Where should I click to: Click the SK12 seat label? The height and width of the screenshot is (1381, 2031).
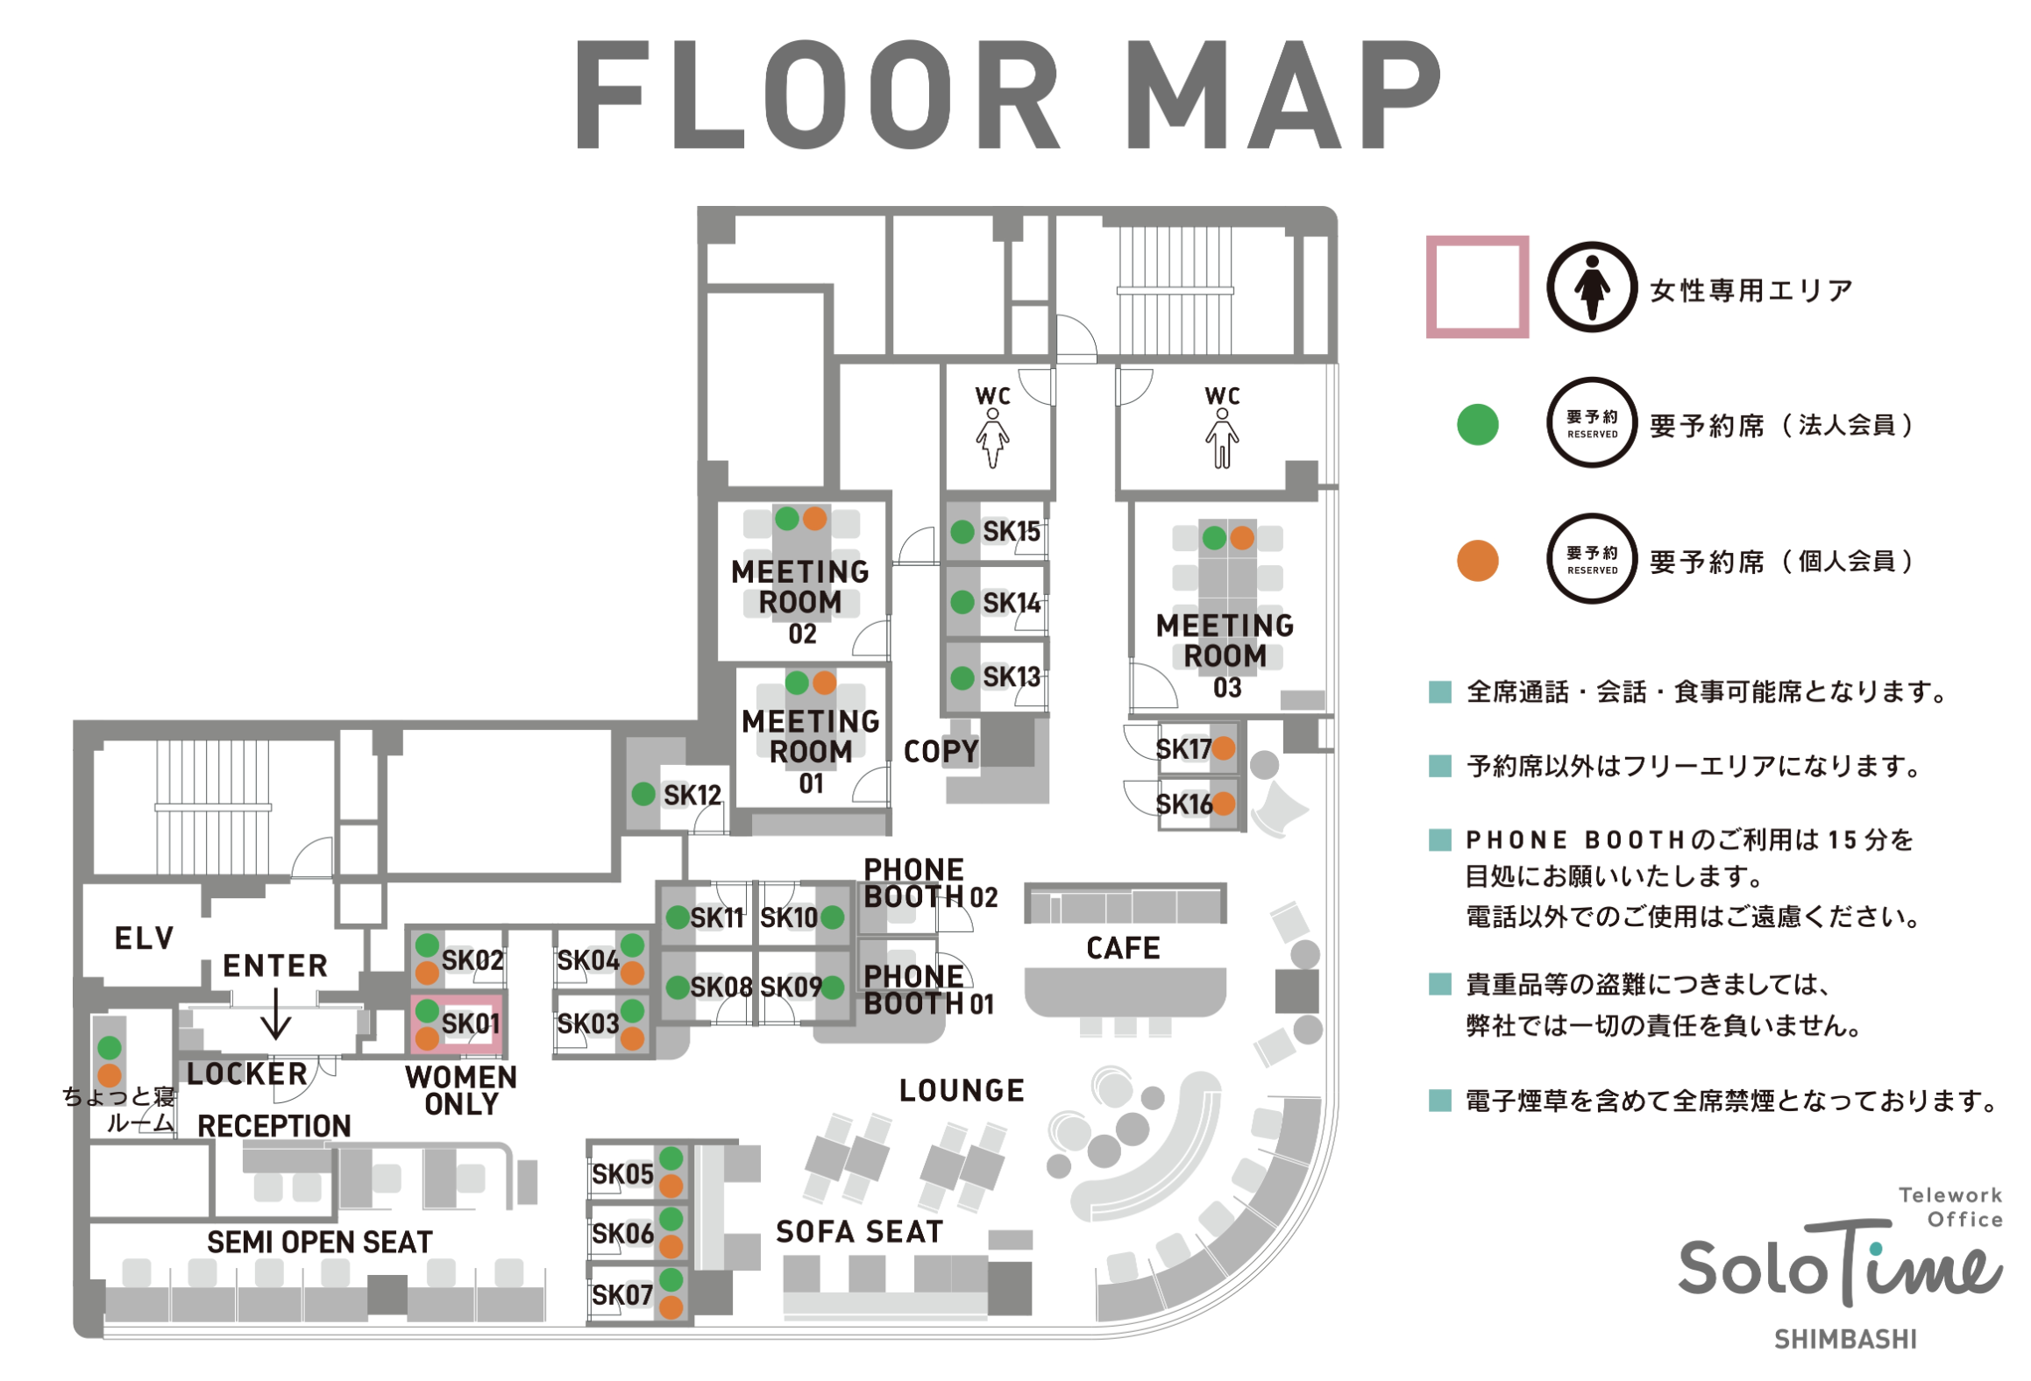click(x=692, y=795)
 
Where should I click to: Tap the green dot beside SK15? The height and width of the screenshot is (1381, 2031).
click(x=962, y=531)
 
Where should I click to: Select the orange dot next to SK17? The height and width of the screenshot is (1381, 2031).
click(x=1223, y=748)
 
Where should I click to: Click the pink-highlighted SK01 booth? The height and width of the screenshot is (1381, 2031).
click(x=457, y=1023)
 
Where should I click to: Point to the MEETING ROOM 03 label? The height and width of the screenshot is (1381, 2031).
click(x=1225, y=655)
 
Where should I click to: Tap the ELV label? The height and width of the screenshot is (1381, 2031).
click(x=144, y=938)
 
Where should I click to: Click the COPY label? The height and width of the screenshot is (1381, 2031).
click(x=941, y=751)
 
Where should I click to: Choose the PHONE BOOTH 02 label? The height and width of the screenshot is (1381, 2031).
click(x=930, y=883)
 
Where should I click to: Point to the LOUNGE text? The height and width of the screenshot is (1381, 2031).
click(x=962, y=1090)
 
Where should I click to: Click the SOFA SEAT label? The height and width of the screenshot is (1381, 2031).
click(x=859, y=1231)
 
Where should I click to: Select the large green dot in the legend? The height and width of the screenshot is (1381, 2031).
click(x=1477, y=424)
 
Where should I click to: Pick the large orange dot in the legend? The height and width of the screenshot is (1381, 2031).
click(x=1477, y=561)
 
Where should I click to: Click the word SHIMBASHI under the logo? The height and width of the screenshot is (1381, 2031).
click(x=1844, y=1339)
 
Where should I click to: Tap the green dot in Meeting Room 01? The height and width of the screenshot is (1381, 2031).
click(x=797, y=683)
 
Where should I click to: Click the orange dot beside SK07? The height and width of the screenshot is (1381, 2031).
click(x=671, y=1307)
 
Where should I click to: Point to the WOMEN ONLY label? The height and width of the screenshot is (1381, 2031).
click(x=461, y=1090)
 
